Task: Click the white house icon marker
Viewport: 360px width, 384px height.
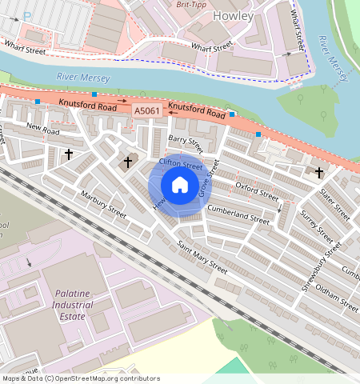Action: pyautogui.click(x=180, y=186)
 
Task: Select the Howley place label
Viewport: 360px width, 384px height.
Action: pyautogui.click(x=234, y=15)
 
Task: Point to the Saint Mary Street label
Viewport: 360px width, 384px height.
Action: pyautogui.click(x=202, y=258)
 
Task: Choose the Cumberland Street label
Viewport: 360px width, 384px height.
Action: pyautogui.click(x=238, y=214)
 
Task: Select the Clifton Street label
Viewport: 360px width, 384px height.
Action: pyautogui.click(x=181, y=164)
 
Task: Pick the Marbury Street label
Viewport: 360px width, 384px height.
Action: pyautogui.click(x=103, y=204)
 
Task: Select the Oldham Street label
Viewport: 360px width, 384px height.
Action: pyautogui.click(x=337, y=294)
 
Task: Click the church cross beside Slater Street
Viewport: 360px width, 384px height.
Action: pyautogui.click(x=319, y=172)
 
